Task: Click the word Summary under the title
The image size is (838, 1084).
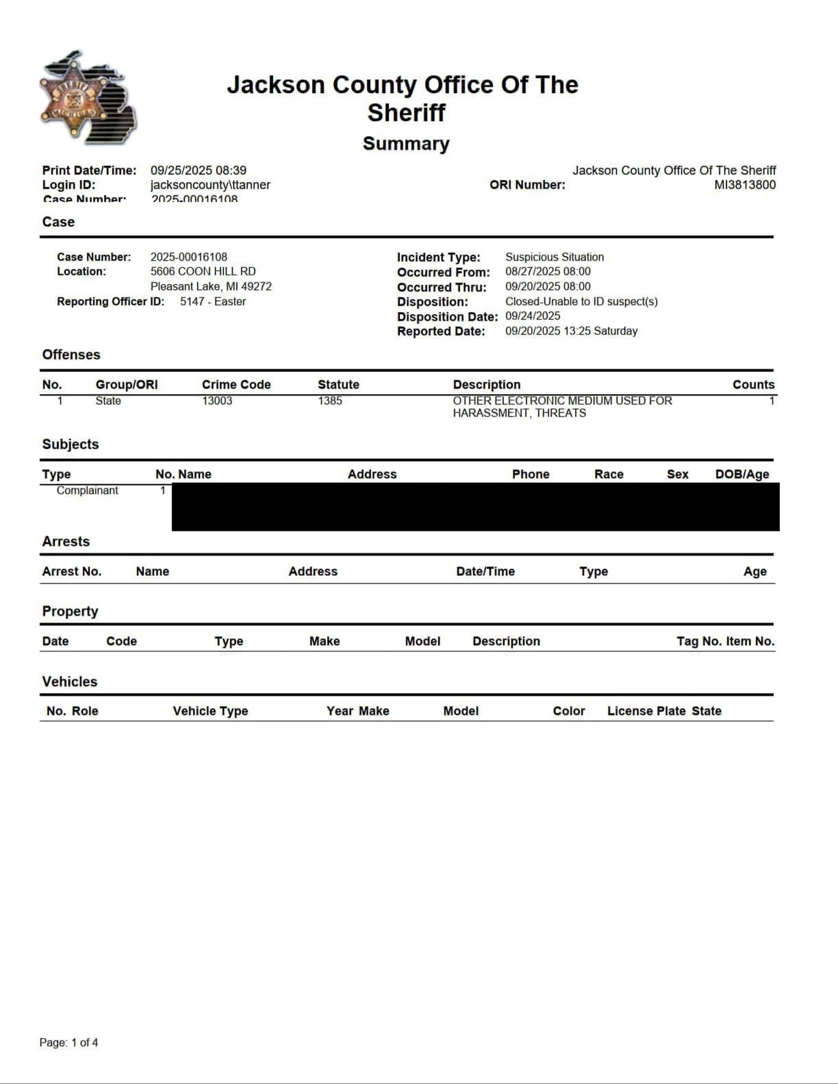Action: click(406, 144)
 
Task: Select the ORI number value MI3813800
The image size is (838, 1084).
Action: click(744, 185)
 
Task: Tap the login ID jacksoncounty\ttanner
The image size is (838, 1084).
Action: click(210, 185)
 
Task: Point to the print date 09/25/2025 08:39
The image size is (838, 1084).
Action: click(198, 170)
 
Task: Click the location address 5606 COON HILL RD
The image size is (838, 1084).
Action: click(203, 272)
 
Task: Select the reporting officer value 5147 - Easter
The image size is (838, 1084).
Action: click(213, 301)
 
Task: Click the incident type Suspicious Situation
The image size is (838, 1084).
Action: click(554, 257)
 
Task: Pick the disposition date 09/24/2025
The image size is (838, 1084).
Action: click(532, 316)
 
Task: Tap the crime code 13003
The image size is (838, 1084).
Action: click(217, 401)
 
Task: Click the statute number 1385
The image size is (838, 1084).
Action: click(330, 401)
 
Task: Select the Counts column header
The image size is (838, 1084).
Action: click(753, 384)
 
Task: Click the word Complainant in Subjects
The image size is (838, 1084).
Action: click(87, 490)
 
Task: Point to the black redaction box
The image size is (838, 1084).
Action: click(475, 507)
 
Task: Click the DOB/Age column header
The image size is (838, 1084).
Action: click(742, 474)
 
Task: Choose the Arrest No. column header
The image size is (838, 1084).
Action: click(72, 571)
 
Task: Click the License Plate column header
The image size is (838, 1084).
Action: click(646, 711)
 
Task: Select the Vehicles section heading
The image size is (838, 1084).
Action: click(70, 682)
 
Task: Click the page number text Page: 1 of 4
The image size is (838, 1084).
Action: click(69, 1042)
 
